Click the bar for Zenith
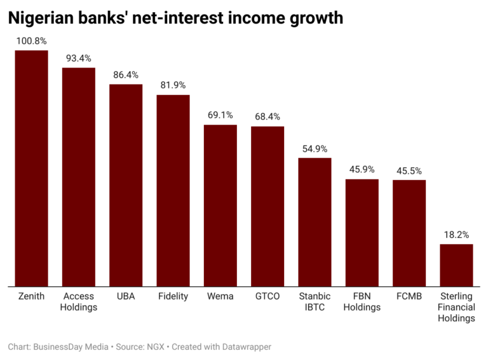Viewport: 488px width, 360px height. (x=31, y=168)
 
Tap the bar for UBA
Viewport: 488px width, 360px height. (x=126, y=185)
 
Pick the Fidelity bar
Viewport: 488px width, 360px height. (x=173, y=190)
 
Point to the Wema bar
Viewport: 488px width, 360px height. (x=220, y=205)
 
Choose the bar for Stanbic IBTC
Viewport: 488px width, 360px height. (x=315, y=222)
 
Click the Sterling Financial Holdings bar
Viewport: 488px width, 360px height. (x=456, y=265)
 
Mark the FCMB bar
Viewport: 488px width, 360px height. (x=409, y=233)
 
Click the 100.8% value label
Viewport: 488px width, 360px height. (x=31, y=41)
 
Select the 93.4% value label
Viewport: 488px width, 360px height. (x=78, y=59)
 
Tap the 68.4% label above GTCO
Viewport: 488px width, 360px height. (x=268, y=117)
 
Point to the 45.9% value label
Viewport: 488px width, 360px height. (x=362, y=170)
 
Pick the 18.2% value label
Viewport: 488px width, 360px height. (x=456, y=235)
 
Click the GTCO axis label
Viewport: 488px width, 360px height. (x=268, y=296)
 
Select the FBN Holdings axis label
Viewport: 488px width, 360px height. (x=362, y=301)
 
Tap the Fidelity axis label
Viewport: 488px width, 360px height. (x=173, y=296)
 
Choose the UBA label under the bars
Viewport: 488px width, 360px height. (x=126, y=296)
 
